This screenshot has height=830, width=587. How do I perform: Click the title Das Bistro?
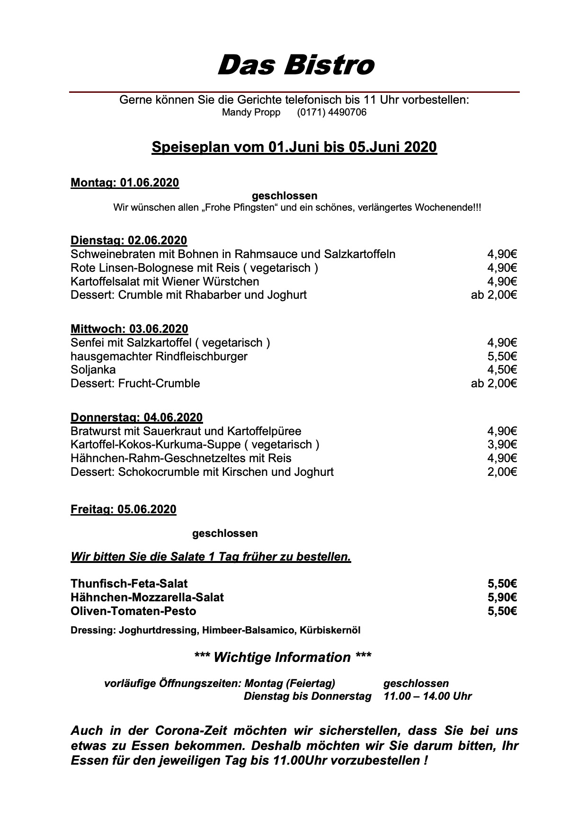click(295, 65)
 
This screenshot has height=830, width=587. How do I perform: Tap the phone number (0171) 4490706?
click(331, 113)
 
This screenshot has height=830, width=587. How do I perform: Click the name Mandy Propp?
click(251, 113)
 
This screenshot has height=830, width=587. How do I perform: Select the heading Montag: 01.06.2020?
click(125, 183)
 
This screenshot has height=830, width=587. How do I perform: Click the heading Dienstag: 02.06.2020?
click(129, 241)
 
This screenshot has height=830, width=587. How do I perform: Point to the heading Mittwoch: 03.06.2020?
click(129, 329)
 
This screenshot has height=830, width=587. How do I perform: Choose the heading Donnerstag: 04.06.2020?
click(136, 418)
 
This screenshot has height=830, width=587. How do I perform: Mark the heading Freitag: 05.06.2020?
click(123, 509)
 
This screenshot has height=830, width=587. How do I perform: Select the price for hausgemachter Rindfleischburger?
click(502, 357)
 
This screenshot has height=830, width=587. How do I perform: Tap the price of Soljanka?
click(502, 370)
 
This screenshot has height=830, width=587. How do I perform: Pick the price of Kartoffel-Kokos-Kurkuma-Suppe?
click(502, 445)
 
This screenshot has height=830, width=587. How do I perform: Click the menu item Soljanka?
click(93, 370)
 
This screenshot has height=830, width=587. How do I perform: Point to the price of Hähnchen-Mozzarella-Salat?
click(502, 598)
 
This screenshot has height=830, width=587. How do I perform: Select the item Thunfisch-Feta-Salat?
click(129, 584)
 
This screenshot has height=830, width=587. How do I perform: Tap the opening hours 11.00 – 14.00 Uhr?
click(428, 696)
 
